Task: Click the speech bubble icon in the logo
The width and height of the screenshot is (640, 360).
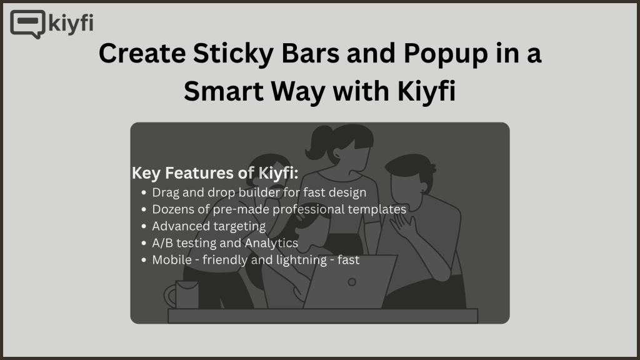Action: point(27,24)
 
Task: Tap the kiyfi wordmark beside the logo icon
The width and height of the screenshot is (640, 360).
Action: point(71,23)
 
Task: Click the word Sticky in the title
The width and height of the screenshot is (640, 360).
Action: point(233,54)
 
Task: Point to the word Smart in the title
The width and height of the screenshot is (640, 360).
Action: point(224,91)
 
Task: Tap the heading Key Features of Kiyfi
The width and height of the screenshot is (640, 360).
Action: point(215,173)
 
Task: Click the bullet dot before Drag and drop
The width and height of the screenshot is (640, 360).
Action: point(144,192)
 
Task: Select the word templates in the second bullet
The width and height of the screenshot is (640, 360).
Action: point(377,209)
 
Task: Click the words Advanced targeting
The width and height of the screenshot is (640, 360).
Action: point(209,226)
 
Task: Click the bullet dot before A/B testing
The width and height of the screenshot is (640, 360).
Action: point(144,243)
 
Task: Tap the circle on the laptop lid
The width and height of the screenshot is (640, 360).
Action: point(352,282)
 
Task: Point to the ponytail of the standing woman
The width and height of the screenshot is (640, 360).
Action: point(319,142)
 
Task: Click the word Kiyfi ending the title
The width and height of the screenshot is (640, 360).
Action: point(426,91)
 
